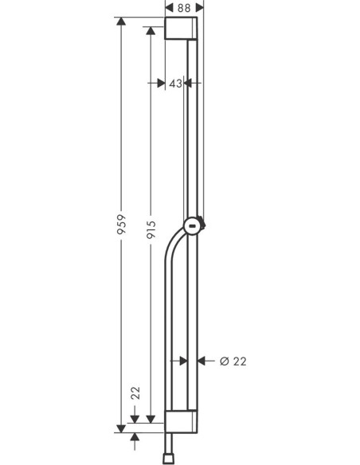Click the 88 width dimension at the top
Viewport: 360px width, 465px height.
coord(184,7)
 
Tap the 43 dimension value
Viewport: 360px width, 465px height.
coord(176,83)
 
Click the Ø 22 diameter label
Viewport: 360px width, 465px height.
coord(233,361)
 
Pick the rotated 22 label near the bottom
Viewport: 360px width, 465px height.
coord(135,392)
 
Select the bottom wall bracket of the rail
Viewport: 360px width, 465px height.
coord(184,422)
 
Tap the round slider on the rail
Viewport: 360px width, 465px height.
coord(193,227)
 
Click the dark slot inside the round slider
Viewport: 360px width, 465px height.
coord(193,227)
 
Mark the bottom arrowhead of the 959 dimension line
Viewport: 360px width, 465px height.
coord(121,426)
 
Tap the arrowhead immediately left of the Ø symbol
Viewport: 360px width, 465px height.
coord(202,361)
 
